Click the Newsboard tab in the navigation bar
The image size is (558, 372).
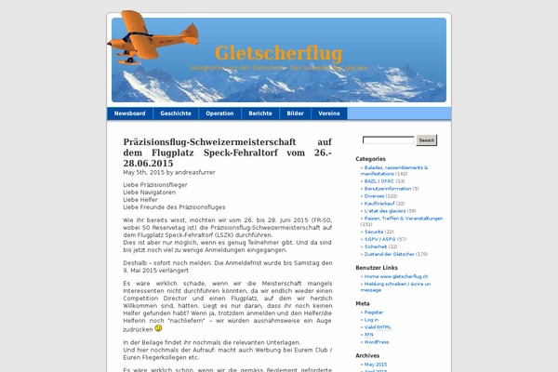click(x=130, y=113)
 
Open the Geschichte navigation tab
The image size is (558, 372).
click(x=176, y=113)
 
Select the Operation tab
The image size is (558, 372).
click(x=219, y=113)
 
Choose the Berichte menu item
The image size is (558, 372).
click(x=260, y=113)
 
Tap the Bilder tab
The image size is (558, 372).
click(x=296, y=113)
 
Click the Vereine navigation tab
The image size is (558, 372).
click(x=329, y=113)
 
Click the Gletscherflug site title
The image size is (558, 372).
click(x=278, y=53)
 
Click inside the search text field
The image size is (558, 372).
click(x=388, y=140)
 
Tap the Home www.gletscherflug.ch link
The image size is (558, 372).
click(x=396, y=276)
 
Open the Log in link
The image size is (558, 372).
click(x=372, y=320)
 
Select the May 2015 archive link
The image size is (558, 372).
click(x=377, y=365)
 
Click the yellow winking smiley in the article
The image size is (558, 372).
click(x=158, y=328)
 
